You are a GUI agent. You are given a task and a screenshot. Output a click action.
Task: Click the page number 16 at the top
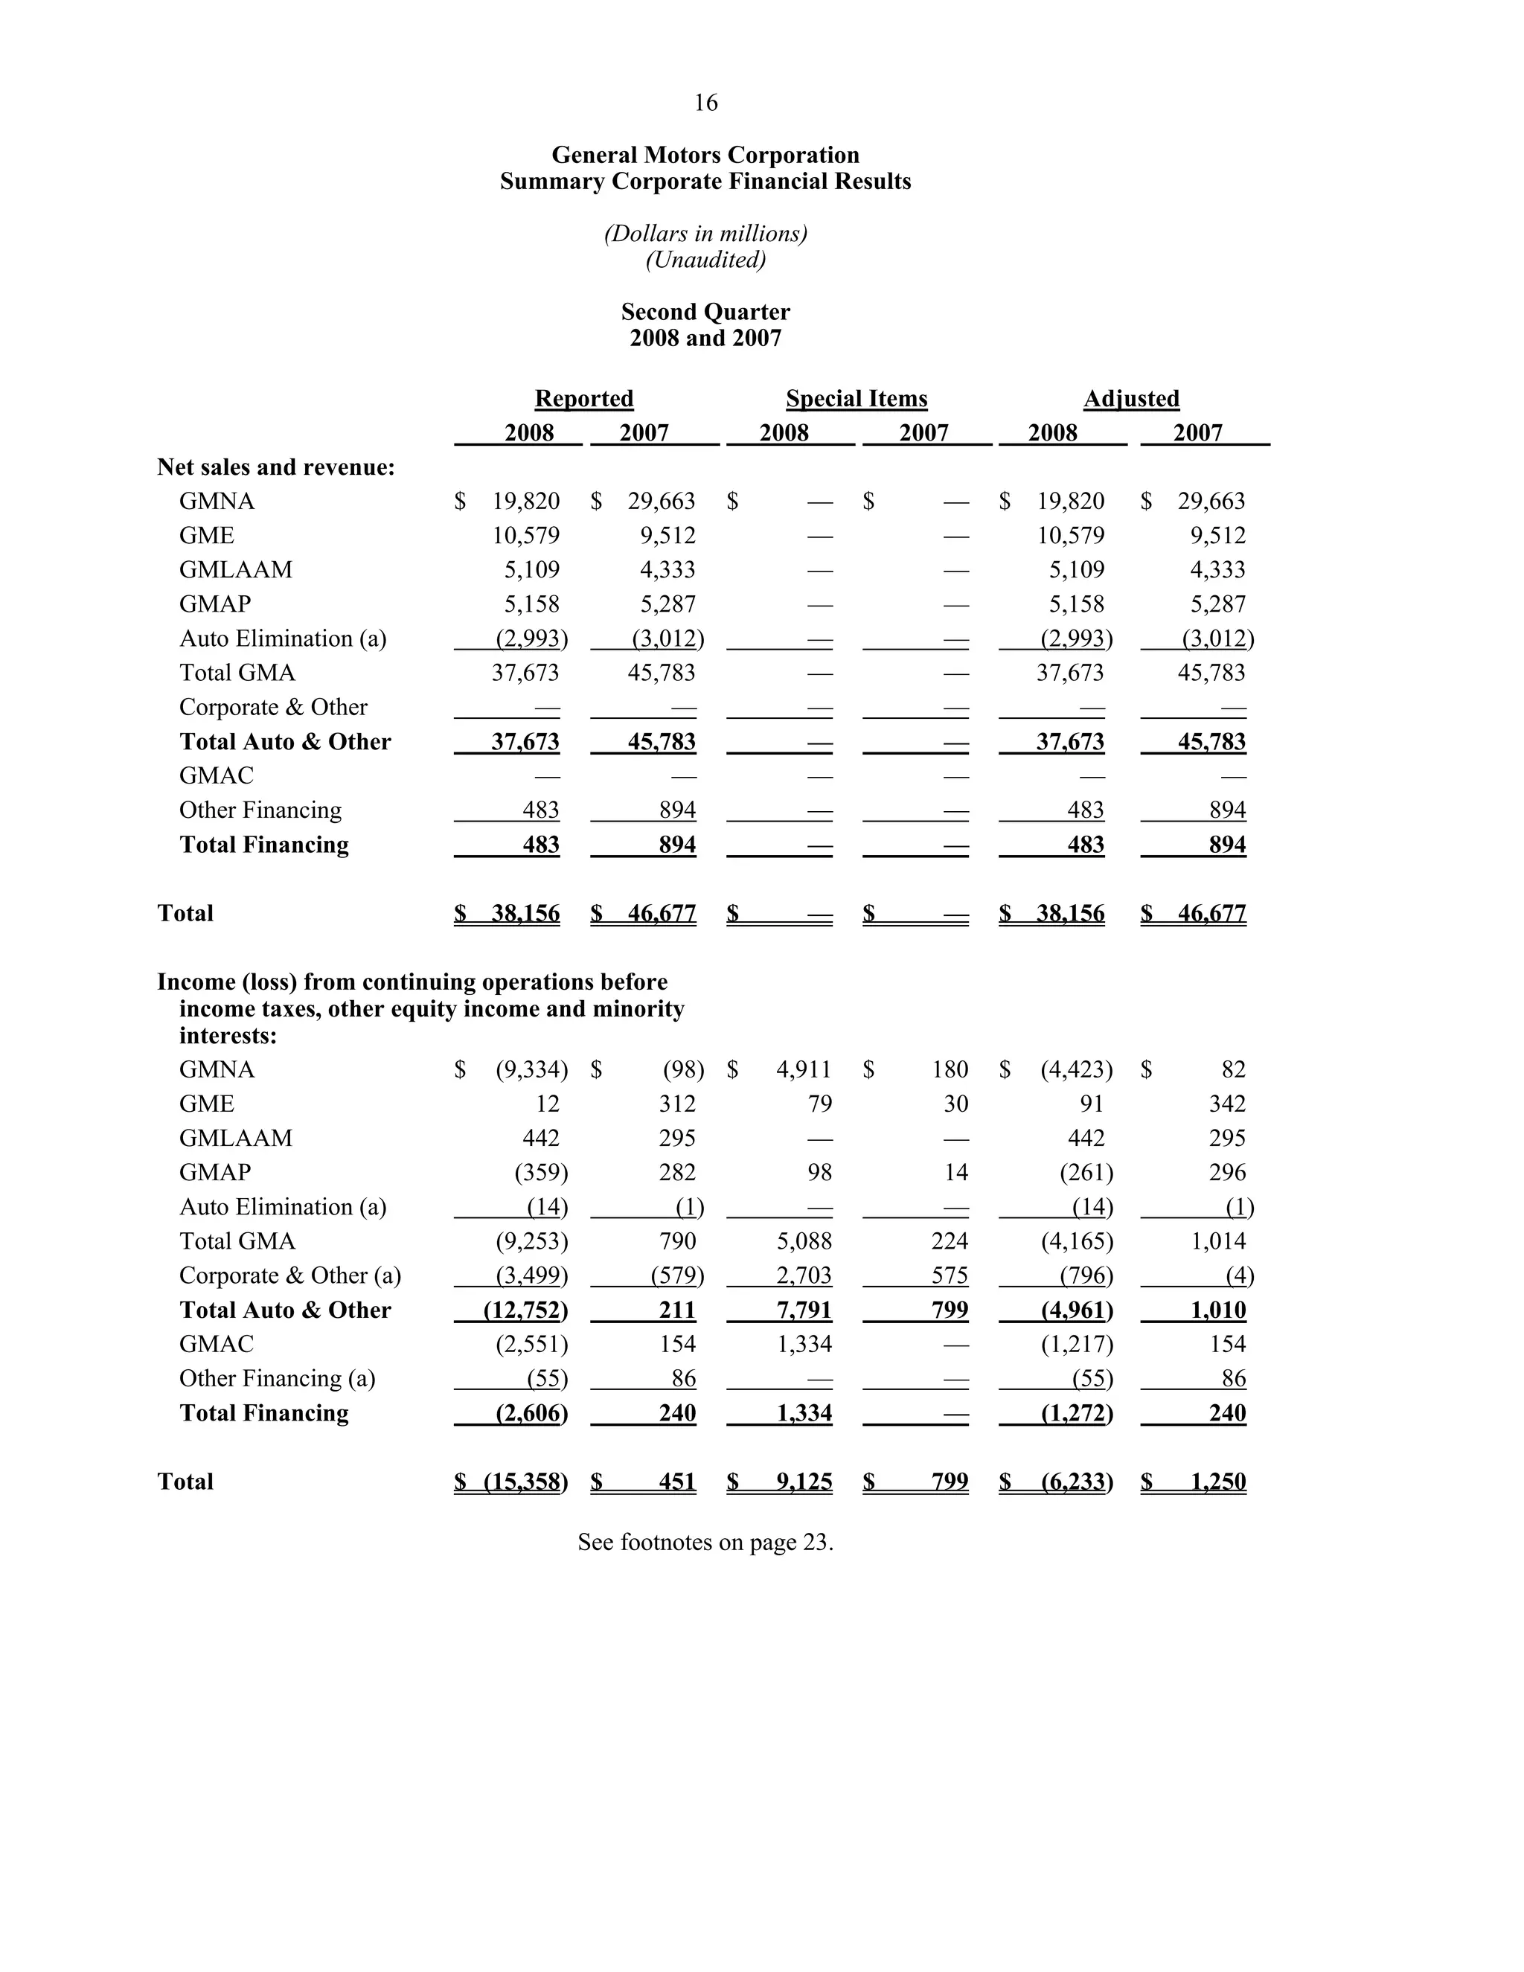705,103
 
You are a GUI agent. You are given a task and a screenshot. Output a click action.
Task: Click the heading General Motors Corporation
705,156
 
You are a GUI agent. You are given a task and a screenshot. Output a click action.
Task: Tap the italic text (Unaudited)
705,260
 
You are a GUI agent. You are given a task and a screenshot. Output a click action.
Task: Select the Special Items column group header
856,398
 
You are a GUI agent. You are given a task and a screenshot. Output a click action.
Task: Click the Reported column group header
583,398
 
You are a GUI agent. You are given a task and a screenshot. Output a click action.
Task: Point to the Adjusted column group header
1130,398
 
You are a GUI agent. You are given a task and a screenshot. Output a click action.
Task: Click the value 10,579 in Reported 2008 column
525,536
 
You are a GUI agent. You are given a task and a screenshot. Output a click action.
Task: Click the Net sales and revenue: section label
275,467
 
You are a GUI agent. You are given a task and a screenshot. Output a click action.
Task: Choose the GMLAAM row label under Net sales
236,570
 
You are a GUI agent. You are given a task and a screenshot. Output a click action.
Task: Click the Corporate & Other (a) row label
289,1275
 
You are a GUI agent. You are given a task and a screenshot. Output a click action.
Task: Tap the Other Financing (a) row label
276,1378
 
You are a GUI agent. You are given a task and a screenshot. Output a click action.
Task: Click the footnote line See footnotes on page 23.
705,1541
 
